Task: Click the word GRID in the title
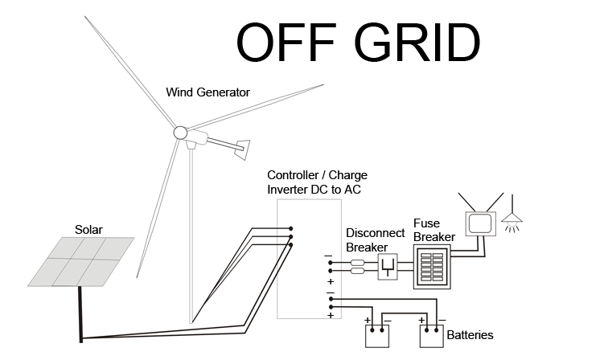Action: pyautogui.click(x=416, y=42)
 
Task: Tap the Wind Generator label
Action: pyautogui.click(x=207, y=92)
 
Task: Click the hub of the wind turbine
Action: pyautogui.click(x=180, y=133)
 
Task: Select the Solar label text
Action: pyautogui.click(x=89, y=230)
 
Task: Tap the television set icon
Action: pyautogui.click(x=479, y=222)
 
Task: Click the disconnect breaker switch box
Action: pyautogui.click(x=388, y=267)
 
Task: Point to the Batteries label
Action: pyautogui.click(x=470, y=335)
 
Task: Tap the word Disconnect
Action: pyautogui.click(x=372, y=232)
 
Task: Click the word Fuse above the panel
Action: pyautogui.click(x=425, y=223)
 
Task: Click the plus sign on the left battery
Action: pyautogui.click(x=368, y=322)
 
